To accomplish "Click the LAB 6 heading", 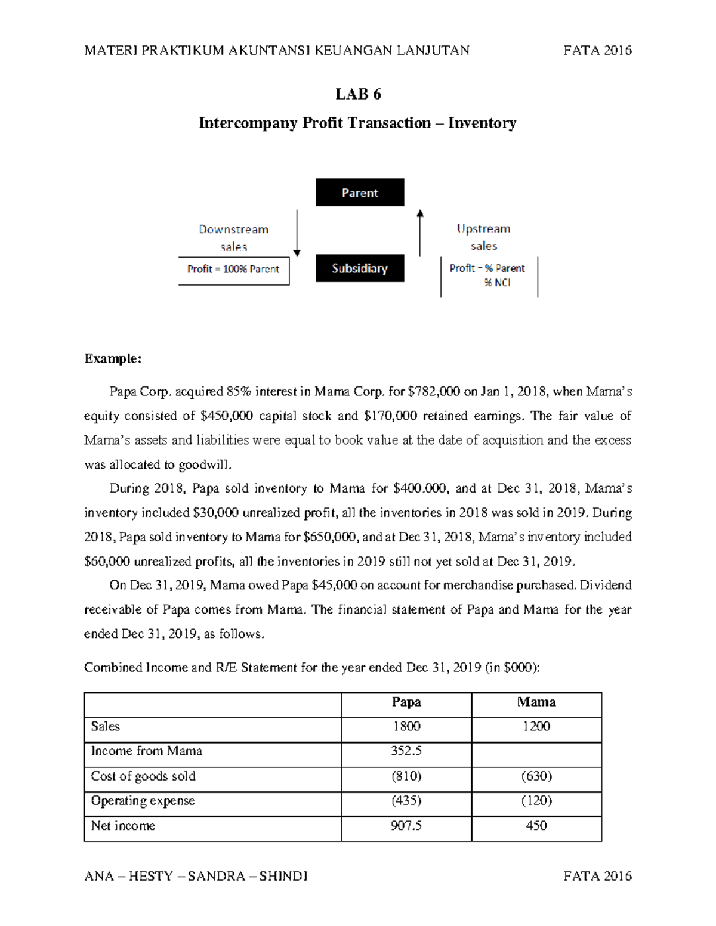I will click(x=358, y=94).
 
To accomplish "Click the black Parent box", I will click(x=360, y=193).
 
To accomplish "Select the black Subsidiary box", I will click(x=360, y=268).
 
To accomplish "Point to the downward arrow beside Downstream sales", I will click(x=297, y=233).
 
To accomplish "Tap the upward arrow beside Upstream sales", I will click(x=420, y=233).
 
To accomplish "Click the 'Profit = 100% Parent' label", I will click(x=233, y=270).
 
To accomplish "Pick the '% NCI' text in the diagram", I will click(x=497, y=283).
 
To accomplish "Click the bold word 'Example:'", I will click(x=113, y=358).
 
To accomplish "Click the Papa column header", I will click(x=406, y=702).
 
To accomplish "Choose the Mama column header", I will click(x=536, y=702).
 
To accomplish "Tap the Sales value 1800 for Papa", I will click(x=406, y=726).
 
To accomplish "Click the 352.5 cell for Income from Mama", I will click(x=406, y=751).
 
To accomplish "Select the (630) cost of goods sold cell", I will click(x=536, y=776).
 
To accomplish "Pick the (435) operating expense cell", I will click(x=406, y=801).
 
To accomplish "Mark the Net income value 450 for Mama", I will click(x=536, y=826).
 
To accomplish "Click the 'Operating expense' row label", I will click(x=143, y=801).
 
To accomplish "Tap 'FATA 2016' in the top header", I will click(x=597, y=50).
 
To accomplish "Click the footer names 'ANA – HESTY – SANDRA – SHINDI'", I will click(x=196, y=876).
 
